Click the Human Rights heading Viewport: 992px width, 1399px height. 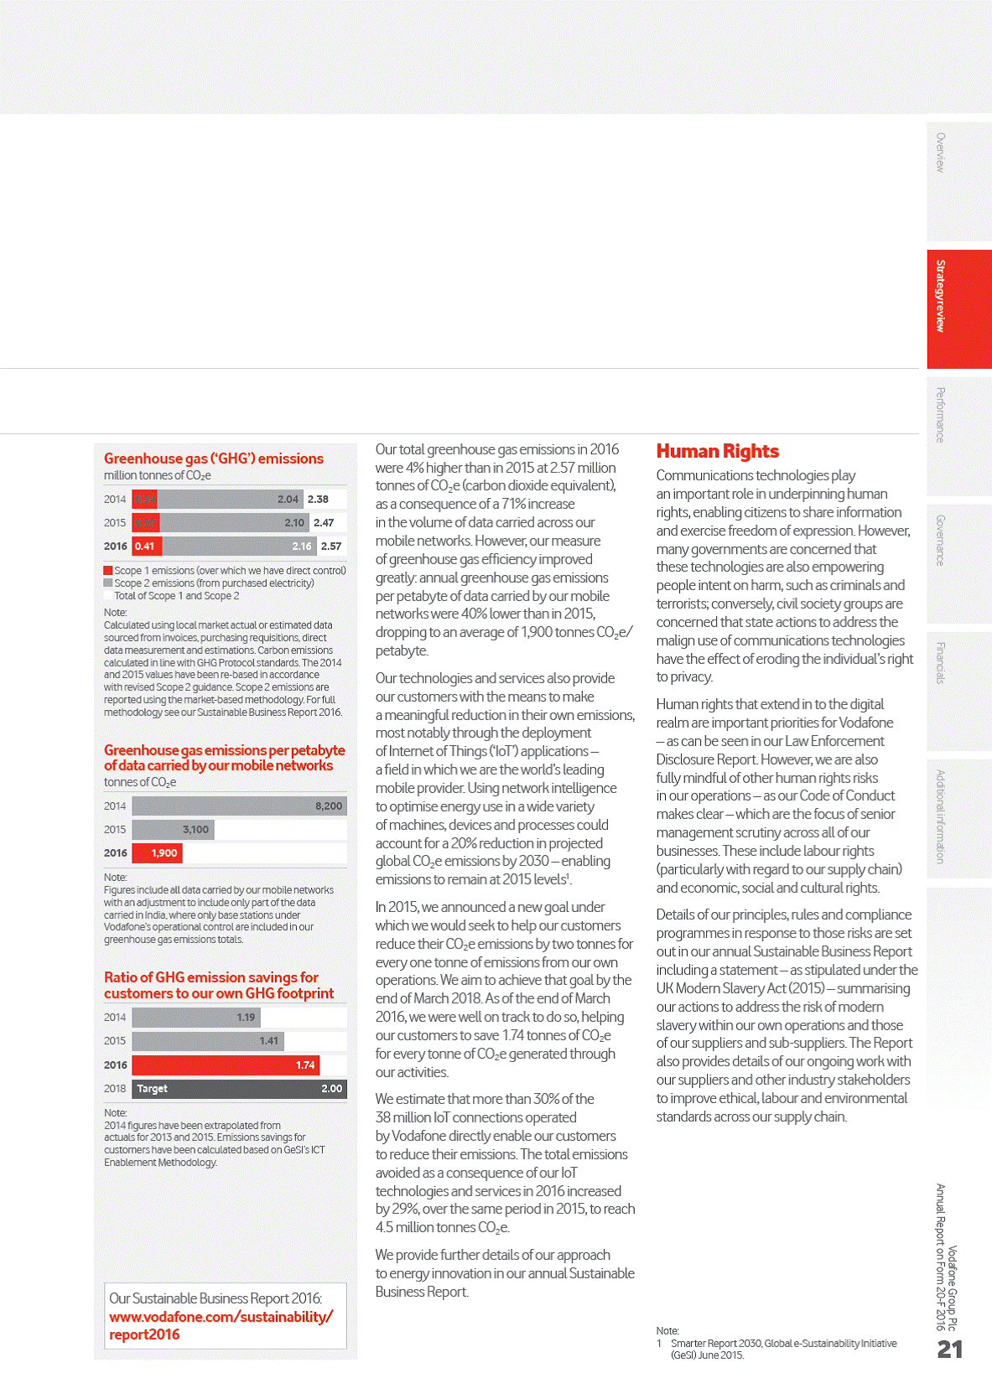[717, 452]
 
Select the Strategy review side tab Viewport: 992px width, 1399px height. [958, 308]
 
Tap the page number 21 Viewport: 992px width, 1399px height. [950, 1349]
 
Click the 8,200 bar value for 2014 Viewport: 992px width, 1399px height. [329, 806]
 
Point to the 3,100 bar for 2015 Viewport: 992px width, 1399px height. [174, 830]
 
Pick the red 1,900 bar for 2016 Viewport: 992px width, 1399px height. [158, 853]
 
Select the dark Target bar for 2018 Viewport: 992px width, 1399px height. [239, 1089]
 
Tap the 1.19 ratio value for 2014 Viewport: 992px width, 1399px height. [246, 1018]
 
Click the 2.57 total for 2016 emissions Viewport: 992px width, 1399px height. [331, 547]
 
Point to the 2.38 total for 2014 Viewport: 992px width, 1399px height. [319, 500]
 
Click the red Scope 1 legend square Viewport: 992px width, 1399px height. [108, 571]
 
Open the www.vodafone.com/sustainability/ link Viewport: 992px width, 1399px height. [221, 1317]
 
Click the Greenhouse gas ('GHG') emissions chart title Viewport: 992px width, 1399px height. [214, 459]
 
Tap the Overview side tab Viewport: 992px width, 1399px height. [958, 181]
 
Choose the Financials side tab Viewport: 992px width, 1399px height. [958, 690]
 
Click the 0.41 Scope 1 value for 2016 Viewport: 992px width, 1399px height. [145, 547]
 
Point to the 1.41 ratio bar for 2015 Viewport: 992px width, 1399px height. [209, 1041]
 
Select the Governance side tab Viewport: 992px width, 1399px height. [958, 562]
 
